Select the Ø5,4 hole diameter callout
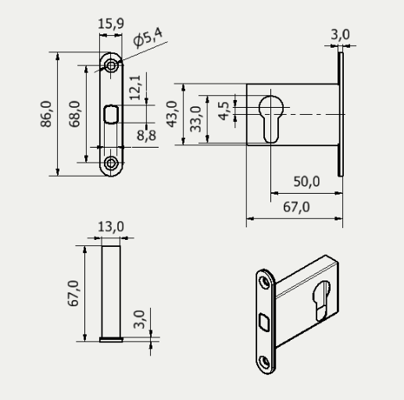point(149,37)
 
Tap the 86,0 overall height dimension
point(47,114)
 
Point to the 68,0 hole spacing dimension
point(74,114)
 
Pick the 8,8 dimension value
point(146,135)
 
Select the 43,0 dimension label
point(173,114)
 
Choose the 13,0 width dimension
point(111,227)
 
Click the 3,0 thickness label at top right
point(341,34)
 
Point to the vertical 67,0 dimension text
point(73,293)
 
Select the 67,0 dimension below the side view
point(294,207)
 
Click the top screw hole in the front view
point(113,66)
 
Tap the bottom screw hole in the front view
point(113,162)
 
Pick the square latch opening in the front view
point(111,115)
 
